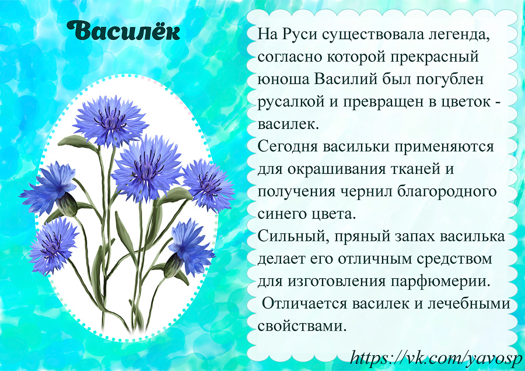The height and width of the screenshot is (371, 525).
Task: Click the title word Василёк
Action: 123,31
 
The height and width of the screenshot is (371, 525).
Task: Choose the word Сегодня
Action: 287,147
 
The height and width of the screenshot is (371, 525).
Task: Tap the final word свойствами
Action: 302,326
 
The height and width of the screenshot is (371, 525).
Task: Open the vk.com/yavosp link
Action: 436,359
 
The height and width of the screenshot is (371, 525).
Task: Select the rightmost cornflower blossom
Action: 208,185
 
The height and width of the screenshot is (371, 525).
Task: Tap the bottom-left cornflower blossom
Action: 53,246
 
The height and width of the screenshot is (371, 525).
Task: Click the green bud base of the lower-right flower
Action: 173,265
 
